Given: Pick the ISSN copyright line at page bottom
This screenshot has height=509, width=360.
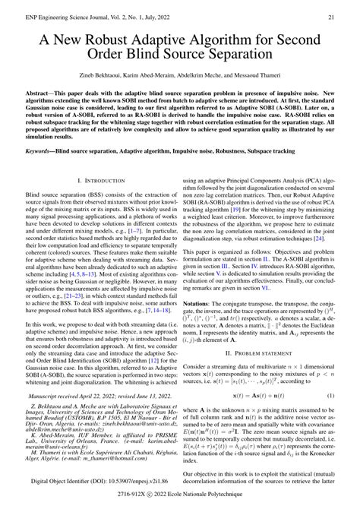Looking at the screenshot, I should coord(180,502).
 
